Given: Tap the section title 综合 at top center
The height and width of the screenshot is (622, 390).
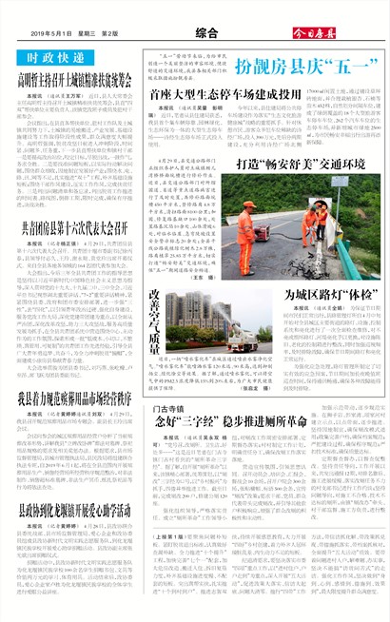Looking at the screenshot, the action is tap(194, 32).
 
